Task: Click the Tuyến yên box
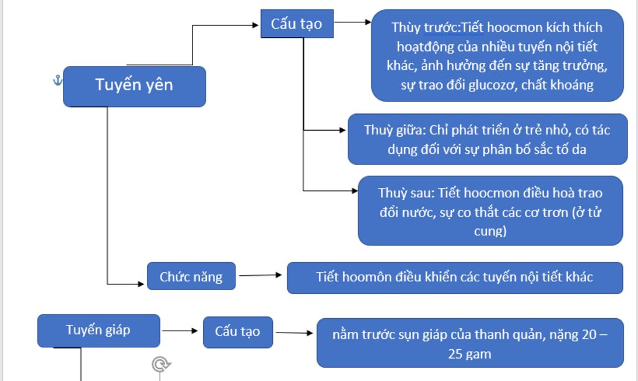click(134, 86)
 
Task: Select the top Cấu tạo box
click(297, 24)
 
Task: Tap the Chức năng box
click(191, 276)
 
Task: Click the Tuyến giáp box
click(98, 330)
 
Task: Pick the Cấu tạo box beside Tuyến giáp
click(237, 331)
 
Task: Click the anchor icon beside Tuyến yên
click(57, 80)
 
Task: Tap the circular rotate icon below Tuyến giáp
click(161, 364)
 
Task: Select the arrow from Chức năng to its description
click(260, 275)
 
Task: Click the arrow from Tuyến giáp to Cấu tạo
click(181, 331)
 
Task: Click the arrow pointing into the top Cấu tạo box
click(224, 26)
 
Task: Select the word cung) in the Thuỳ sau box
click(490, 231)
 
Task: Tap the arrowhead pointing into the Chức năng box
click(141, 285)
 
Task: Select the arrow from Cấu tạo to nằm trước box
click(295, 333)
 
